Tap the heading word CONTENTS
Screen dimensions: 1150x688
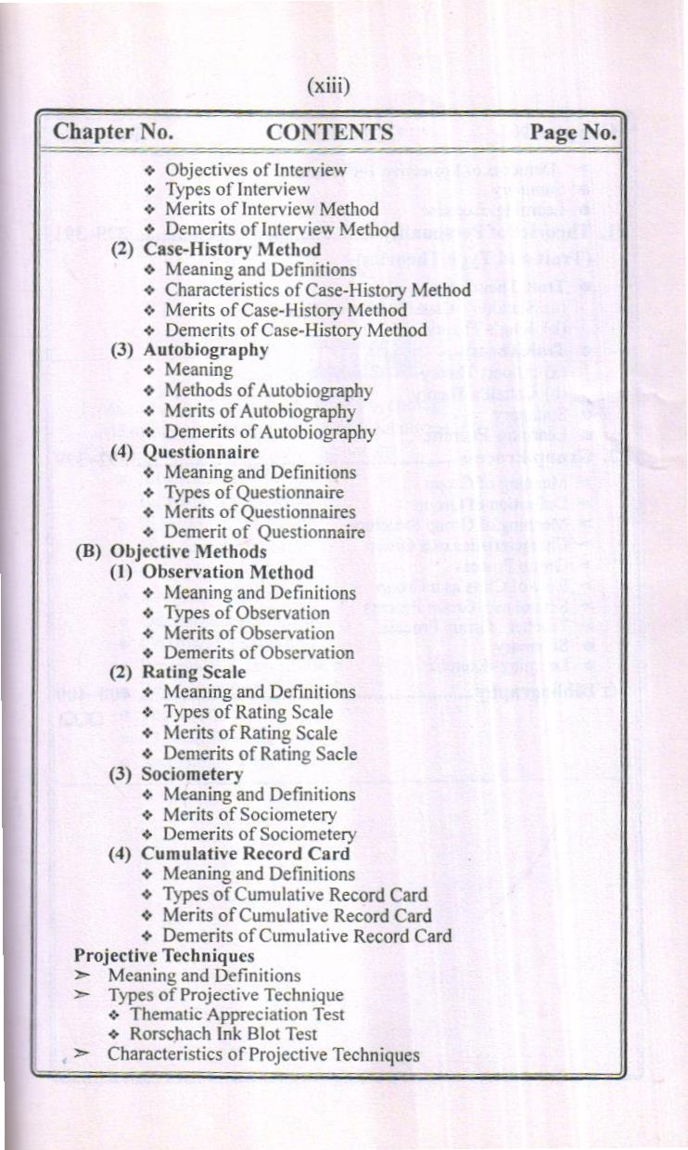[x=329, y=133]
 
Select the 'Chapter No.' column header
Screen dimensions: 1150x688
[x=112, y=132]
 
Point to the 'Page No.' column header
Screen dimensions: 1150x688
[x=573, y=133]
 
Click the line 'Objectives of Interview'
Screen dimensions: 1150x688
[x=255, y=170]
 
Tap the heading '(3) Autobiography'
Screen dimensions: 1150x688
[x=189, y=350]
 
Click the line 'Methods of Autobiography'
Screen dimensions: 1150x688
[x=268, y=391]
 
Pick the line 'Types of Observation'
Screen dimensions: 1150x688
[x=246, y=613]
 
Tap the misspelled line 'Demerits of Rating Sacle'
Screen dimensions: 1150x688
[x=260, y=754]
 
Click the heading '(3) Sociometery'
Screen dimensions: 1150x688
[x=176, y=774]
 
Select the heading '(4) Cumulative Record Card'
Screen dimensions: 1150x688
[x=230, y=854]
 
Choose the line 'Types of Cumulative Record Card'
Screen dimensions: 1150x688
[x=295, y=895]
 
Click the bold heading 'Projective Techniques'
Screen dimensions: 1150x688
[x=164, y=955]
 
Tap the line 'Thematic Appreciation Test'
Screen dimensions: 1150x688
[x=236, y=1014]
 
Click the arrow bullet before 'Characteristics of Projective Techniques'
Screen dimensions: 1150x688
[x=83, y=1053]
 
